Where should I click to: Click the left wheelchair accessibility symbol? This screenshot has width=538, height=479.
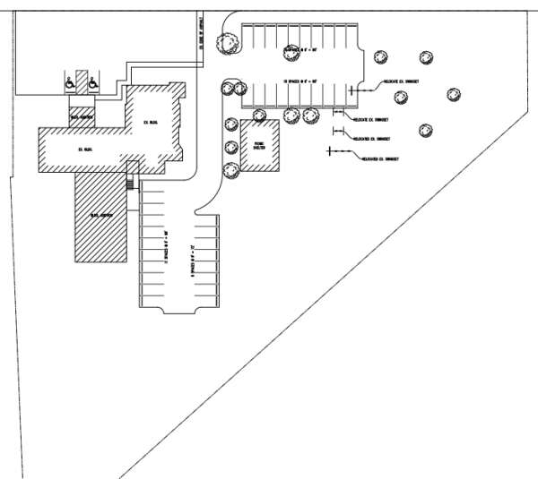[x=70, y=83]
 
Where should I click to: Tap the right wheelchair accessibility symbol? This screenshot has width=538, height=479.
[x=92, y=83]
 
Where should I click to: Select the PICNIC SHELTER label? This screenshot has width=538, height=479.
[x=258, y=145]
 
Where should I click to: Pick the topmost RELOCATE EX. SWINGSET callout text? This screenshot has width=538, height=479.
[x=401, y=81]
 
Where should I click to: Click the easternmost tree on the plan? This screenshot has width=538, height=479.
[x=454, y=94]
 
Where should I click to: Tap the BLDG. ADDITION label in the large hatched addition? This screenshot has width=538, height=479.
[x=99, y=217]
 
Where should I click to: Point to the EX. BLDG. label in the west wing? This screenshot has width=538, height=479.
[x=85, y=149]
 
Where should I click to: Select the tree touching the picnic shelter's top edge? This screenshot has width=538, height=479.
[x=260, y=115]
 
